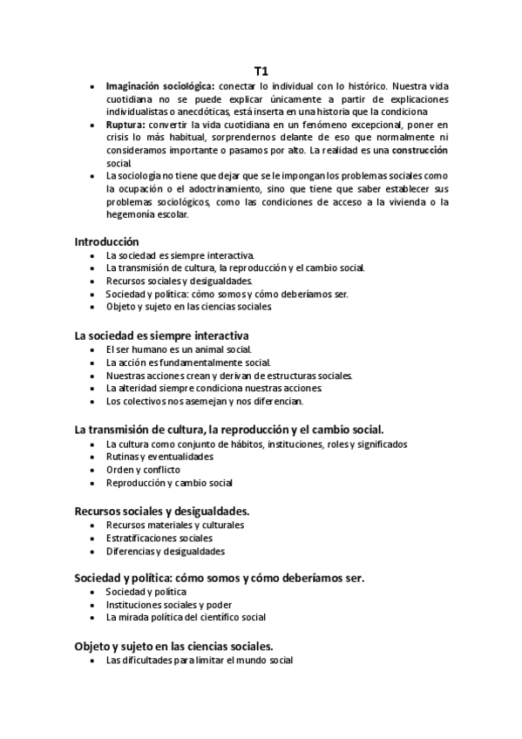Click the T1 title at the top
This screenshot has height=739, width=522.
point(261,71)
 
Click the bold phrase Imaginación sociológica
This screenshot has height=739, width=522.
point(159,86)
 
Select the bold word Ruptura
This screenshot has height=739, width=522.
point(125,125)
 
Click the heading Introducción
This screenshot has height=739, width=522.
point(106,241)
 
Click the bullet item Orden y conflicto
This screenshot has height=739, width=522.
point(143,470)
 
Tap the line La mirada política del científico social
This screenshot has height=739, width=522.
point(186,618)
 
